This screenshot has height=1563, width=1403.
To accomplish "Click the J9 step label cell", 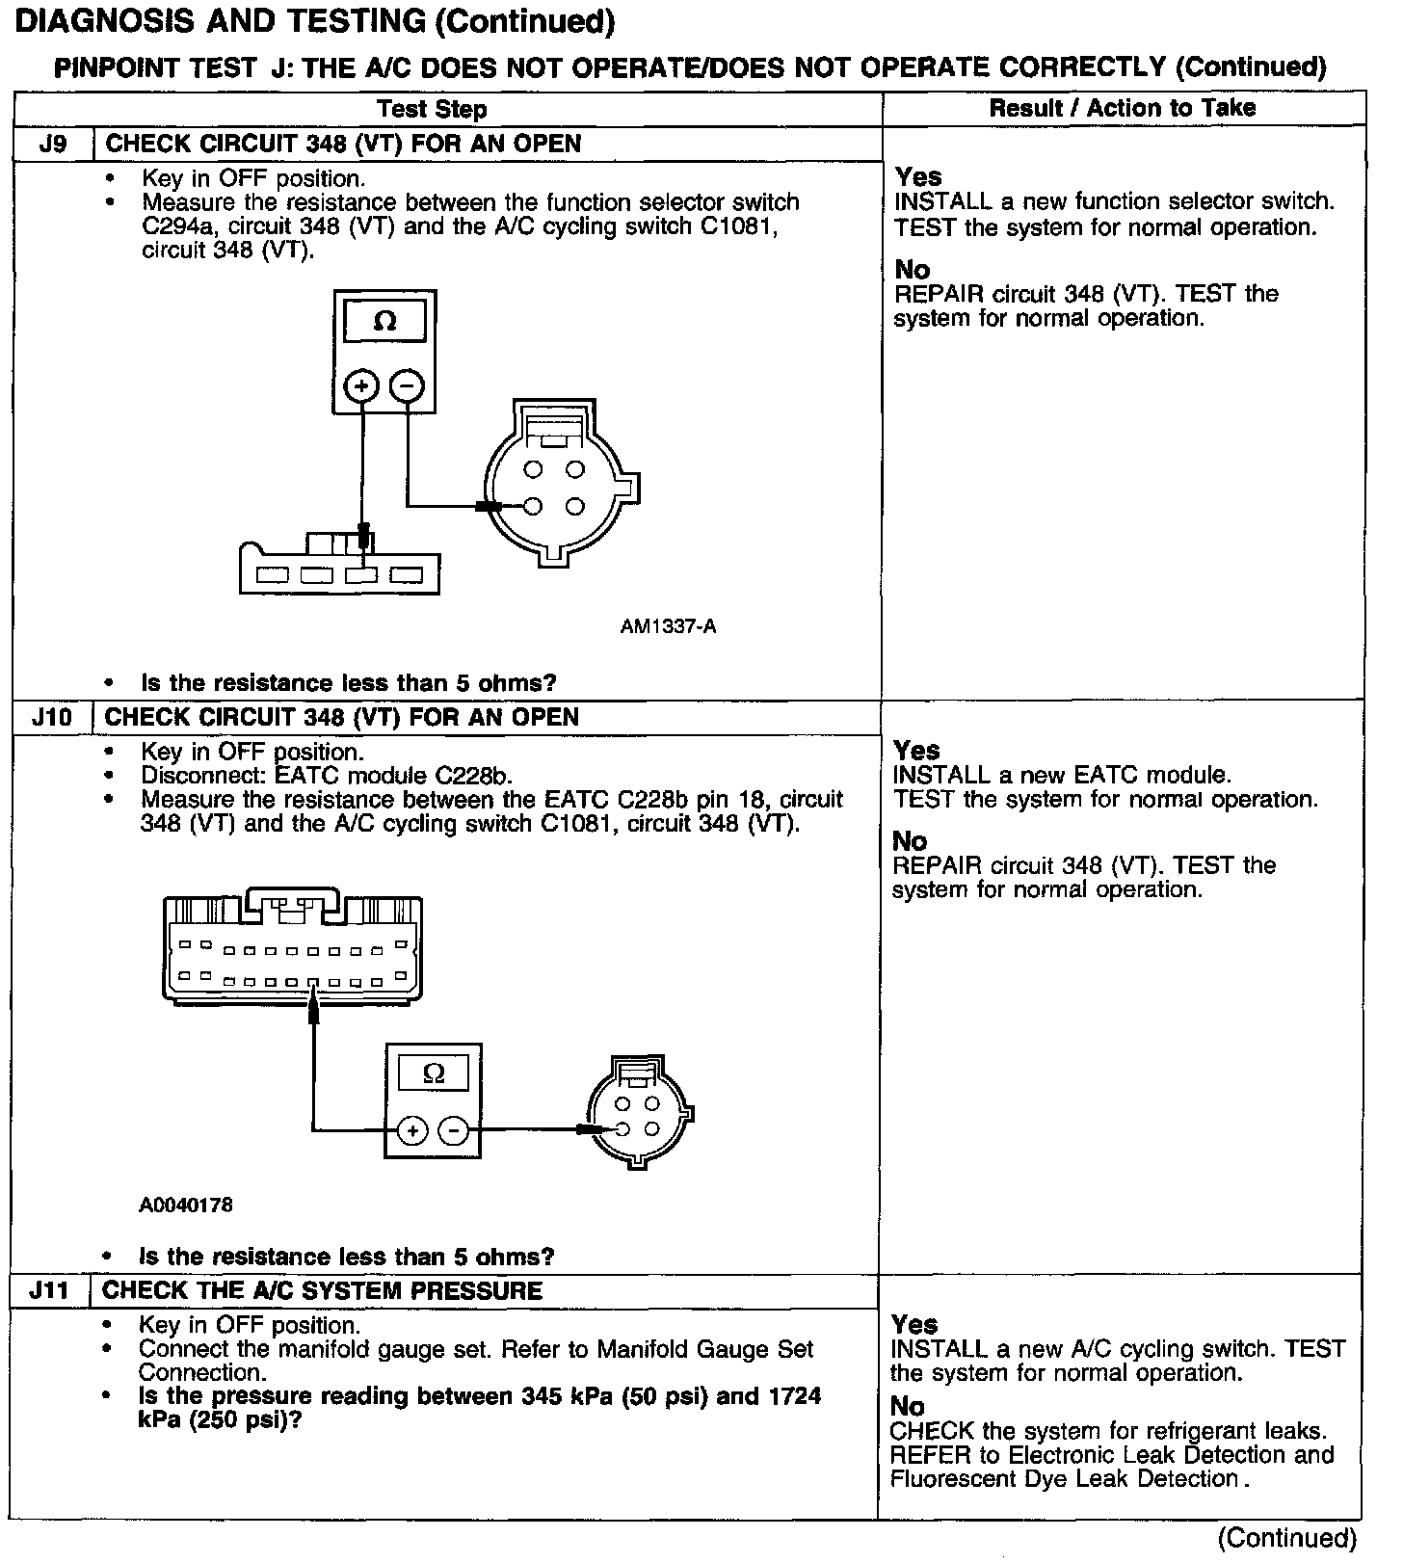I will click(53, 145).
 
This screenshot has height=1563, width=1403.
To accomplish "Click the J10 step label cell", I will click(51, 718).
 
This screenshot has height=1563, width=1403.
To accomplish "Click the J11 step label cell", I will click(48, 1291).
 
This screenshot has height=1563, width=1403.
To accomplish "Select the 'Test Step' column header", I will click(432, 109).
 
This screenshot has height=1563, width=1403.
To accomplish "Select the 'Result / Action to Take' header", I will click(1123, 108).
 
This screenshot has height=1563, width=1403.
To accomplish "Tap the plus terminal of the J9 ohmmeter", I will click(362, 386).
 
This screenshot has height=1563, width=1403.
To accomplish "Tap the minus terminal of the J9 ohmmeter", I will click(407, 386).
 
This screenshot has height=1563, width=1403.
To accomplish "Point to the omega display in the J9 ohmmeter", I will click(384, 322).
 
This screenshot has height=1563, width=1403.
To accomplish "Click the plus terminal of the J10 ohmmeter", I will click(411, 1130).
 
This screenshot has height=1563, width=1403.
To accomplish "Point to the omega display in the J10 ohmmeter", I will click(434, 1073).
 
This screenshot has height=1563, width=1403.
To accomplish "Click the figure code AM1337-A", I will click(668, 627).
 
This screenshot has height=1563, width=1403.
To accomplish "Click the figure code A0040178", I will click(186, 1205).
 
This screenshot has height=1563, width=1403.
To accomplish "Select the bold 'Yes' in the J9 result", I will click(918, 177).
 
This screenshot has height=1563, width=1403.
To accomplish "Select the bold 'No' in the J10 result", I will click(910, 841).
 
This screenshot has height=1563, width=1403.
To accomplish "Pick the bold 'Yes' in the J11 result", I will click(914, 1324).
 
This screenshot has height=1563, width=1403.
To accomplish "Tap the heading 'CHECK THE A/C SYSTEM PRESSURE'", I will click(322, 1291).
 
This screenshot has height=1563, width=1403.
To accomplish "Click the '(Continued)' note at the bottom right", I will click(1286, 1538).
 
